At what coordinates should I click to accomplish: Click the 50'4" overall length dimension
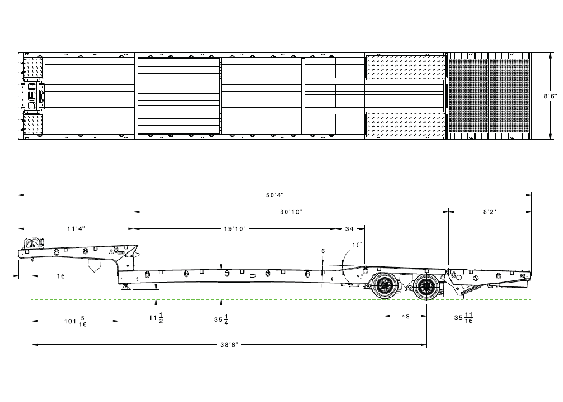(275, 195)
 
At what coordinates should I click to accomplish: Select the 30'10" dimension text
(291, 212)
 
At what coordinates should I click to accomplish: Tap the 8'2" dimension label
(490, 212)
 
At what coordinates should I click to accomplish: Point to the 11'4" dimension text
(76, 228)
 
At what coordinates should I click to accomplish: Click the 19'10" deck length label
(235, 228)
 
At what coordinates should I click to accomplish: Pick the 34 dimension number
(350, 229)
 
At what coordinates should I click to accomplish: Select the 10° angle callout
(357, 245)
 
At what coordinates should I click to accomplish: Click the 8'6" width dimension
(550, 96)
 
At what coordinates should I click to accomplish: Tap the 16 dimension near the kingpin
(60, 276)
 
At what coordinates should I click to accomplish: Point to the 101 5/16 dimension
(76, 321)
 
